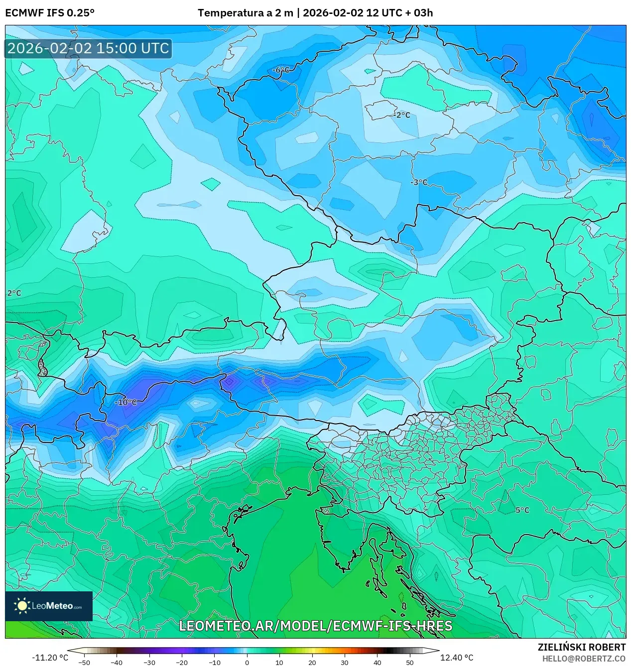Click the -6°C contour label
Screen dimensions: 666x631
281,70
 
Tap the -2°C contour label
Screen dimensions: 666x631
402,115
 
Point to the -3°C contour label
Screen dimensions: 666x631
419,182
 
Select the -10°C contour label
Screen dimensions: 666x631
126,402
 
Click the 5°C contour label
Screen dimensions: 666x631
522,510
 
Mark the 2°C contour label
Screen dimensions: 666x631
14,293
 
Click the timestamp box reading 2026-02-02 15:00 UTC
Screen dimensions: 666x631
88,48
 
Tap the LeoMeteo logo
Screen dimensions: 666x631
49,606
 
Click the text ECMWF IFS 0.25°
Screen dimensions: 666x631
50,13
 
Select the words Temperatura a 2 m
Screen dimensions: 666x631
245,13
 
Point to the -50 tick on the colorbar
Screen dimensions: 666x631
84,663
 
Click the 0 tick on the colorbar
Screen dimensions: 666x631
247,663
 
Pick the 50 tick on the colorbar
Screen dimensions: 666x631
409,663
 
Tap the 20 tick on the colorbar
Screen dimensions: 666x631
312,663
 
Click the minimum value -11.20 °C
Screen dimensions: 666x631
50,658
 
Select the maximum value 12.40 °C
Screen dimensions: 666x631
457,658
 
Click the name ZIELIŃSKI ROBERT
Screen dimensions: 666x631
581,647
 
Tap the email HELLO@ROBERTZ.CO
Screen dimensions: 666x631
584,659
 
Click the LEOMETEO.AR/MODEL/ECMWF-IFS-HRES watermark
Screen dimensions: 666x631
315,626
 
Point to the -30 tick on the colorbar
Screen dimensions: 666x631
149,663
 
